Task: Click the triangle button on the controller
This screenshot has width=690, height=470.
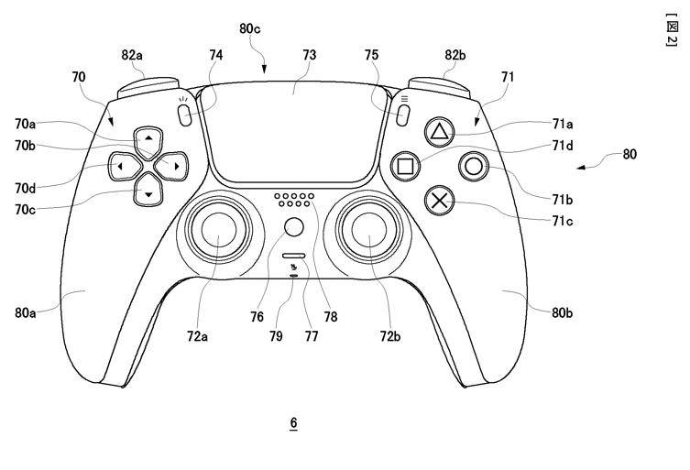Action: coord(439,132)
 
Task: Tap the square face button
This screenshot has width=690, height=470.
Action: coord(405,167)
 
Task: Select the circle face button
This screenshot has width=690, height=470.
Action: coord(474,167)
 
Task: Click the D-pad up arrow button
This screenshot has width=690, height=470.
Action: coord(148,141)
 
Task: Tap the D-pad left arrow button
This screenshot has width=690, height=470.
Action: coord(124,166)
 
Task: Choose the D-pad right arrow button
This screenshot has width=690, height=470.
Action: coord(172,166)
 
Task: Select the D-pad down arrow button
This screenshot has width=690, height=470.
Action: coord(148,191)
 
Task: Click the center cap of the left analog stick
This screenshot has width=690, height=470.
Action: coord(219,229)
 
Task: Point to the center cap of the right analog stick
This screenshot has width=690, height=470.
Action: coord(368,229)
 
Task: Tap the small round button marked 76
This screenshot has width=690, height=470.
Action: coord(293,227)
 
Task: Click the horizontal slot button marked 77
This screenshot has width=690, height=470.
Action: coord(294,256)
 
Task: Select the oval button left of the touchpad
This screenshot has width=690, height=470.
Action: coord(185,115)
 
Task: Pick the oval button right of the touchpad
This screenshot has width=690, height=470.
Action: coord(402,115)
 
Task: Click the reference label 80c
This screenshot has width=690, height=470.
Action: coord(250,29)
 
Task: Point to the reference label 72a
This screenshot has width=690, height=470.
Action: coord(197,336)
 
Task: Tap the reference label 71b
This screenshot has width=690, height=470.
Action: coord(563,200)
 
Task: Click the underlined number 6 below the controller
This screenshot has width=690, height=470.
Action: coord(293,423)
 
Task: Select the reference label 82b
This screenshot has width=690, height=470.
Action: coord(455,56)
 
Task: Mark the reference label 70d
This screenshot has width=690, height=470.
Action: coord(25,189)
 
